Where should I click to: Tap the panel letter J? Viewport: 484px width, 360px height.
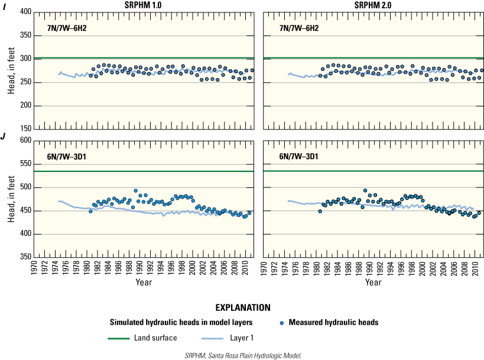point(4,137)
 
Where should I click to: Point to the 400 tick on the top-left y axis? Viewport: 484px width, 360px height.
point(24,12)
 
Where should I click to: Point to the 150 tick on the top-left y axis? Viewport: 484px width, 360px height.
point(24,129)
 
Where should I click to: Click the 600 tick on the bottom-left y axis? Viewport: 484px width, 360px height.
point(24,141)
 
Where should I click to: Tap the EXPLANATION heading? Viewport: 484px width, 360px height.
point(242,308)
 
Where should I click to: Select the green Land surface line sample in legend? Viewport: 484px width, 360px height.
point(124,339)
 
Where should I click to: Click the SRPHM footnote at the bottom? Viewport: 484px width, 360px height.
point(242,355)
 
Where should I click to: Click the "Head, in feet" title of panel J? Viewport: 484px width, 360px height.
point(10,199)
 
